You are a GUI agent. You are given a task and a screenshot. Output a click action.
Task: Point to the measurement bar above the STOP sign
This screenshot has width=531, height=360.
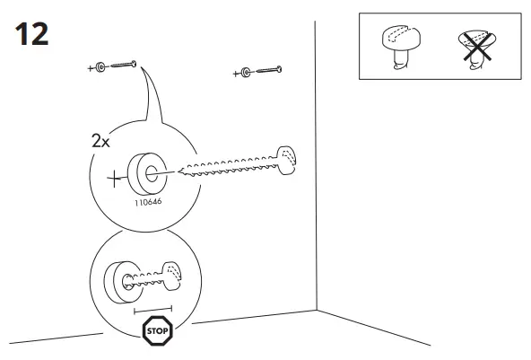(152, 310)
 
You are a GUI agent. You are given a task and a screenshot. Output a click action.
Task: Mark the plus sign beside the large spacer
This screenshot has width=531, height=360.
(114, 178)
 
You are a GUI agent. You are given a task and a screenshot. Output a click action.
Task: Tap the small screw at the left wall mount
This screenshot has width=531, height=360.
(124, 65)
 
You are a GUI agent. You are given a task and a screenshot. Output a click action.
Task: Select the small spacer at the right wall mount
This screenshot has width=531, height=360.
(246, 72)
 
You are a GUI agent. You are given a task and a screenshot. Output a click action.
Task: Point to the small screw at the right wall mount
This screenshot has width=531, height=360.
(268, 69)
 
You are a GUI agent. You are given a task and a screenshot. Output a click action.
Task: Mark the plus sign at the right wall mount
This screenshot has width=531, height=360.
(235, 73)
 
